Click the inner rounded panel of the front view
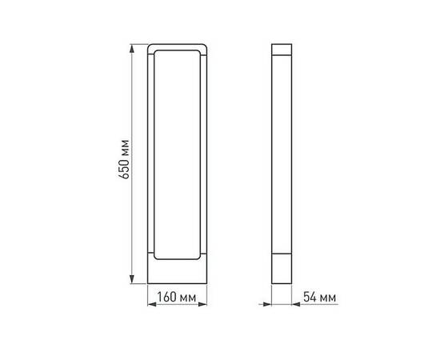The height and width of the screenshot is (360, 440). click(178, 154)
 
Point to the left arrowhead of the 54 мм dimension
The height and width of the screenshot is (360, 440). click(272, 303)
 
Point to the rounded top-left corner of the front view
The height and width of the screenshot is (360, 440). click(152, 47)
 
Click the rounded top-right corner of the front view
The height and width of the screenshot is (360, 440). click(204, 47)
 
